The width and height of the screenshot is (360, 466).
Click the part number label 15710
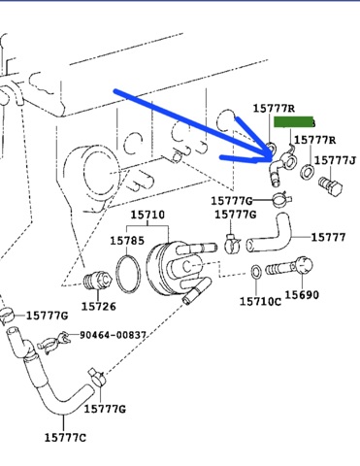point(147,215)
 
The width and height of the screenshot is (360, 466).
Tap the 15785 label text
point(127,241)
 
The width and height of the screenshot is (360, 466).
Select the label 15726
point(98,306)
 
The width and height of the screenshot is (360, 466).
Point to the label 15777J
point(335,160)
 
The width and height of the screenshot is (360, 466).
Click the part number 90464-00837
point(113,335)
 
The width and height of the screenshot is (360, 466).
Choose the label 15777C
point(65,438)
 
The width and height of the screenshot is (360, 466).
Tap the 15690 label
point(302,295)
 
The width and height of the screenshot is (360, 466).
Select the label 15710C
point(260,302)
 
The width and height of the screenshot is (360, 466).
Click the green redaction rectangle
point(294,122)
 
